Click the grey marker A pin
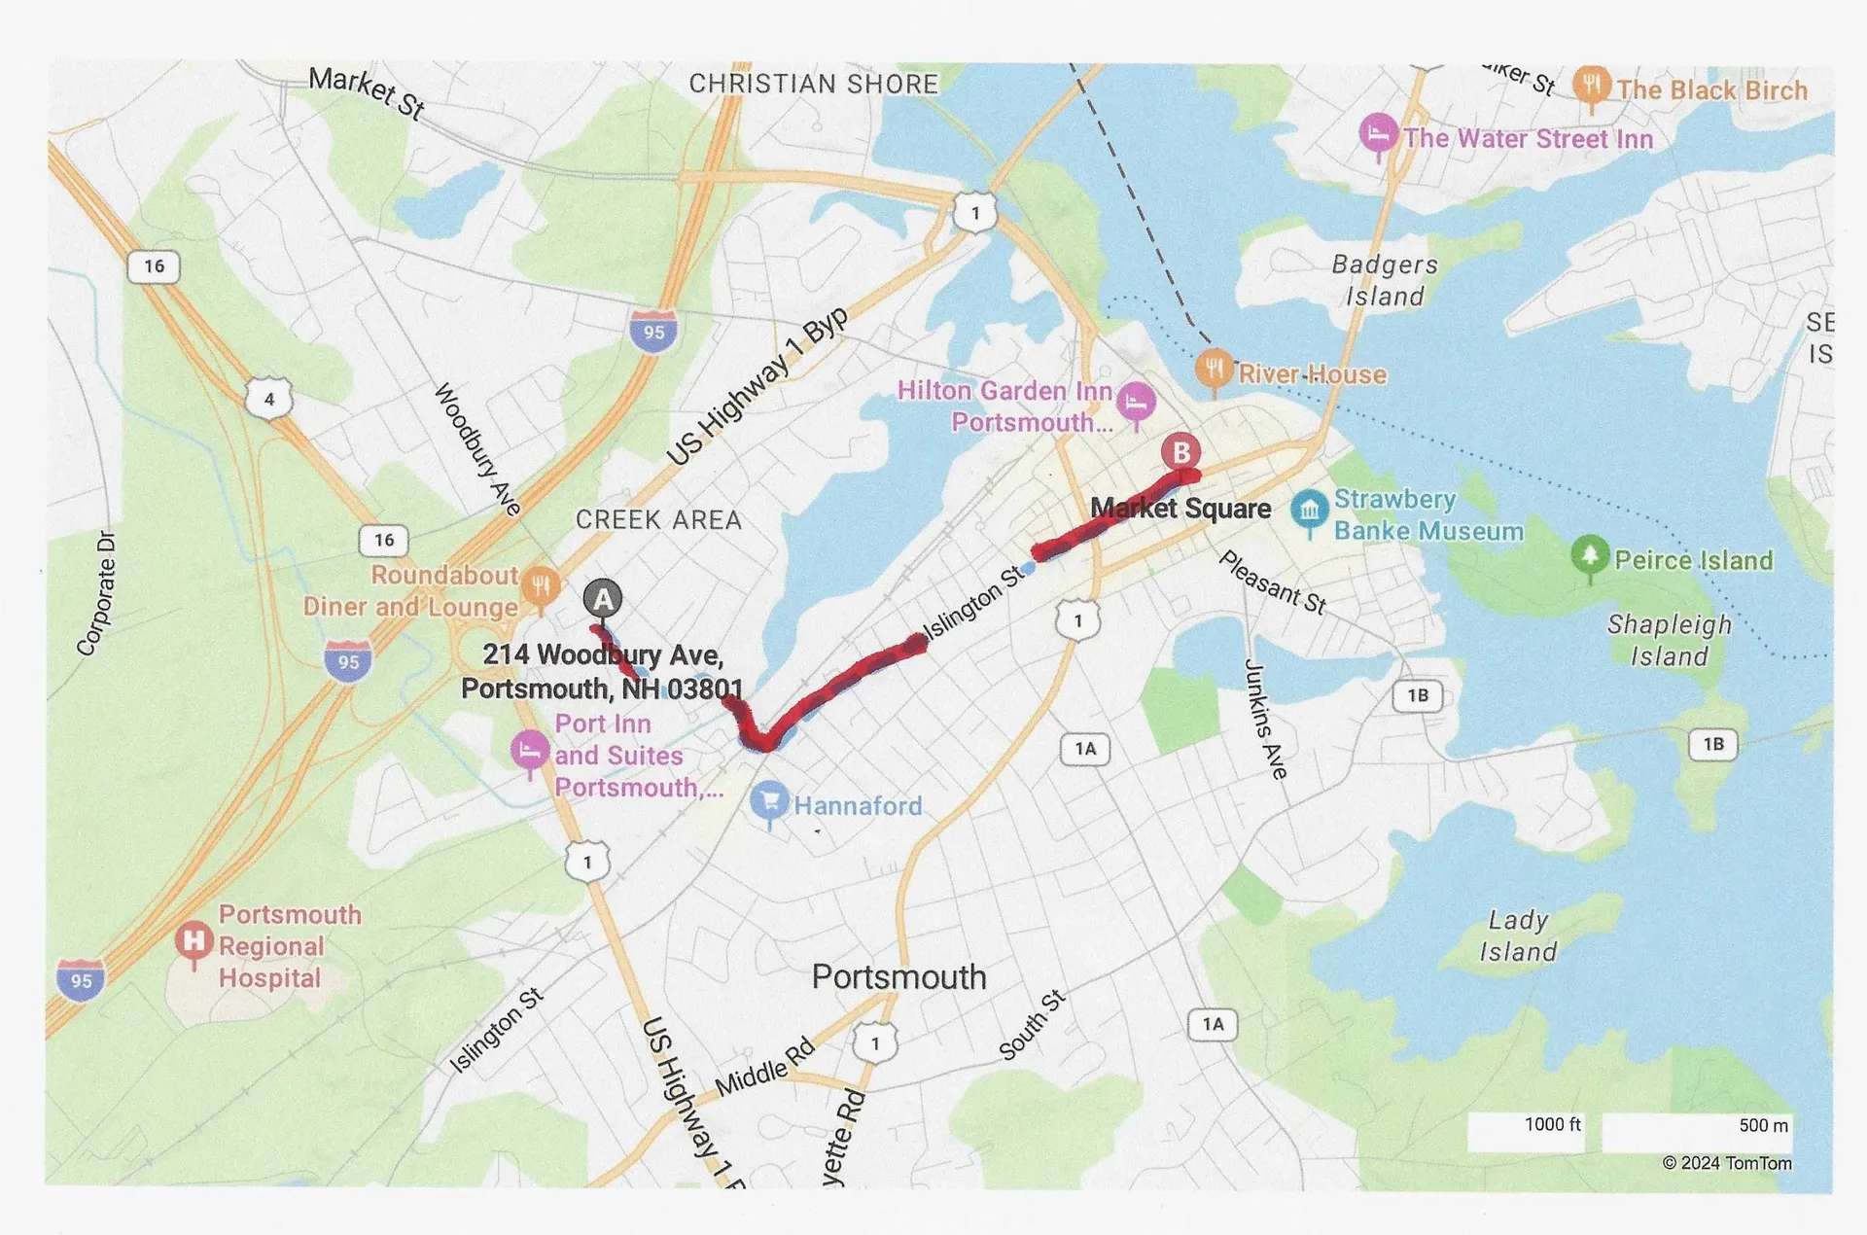(x=603, y=598)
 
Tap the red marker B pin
(x=1180, y=452)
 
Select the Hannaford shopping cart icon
(x=769, y=801)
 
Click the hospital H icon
(x=194, y=940)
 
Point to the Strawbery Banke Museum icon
(x=1309, y=510)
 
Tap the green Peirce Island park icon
(x=1589, y=555)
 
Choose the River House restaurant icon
(x=1214, y=369)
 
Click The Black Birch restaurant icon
(x=1591, y=86)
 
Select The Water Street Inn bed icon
(x=1378, y=133)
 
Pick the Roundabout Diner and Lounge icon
(x=540, y=585)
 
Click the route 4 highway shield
(x=269, y=399)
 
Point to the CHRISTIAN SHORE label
(x=814, y=85)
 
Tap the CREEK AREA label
(x=658, y=520)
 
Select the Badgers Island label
(x=1384, y=280)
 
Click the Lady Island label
(x=1518, y=935)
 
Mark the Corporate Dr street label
(x=96, y=594)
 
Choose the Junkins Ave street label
(x=1266, y=719)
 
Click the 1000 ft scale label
(x=1552, y=1124)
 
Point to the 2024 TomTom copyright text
(x=1726, y=1163)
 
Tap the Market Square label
(x=1180, y=509)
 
